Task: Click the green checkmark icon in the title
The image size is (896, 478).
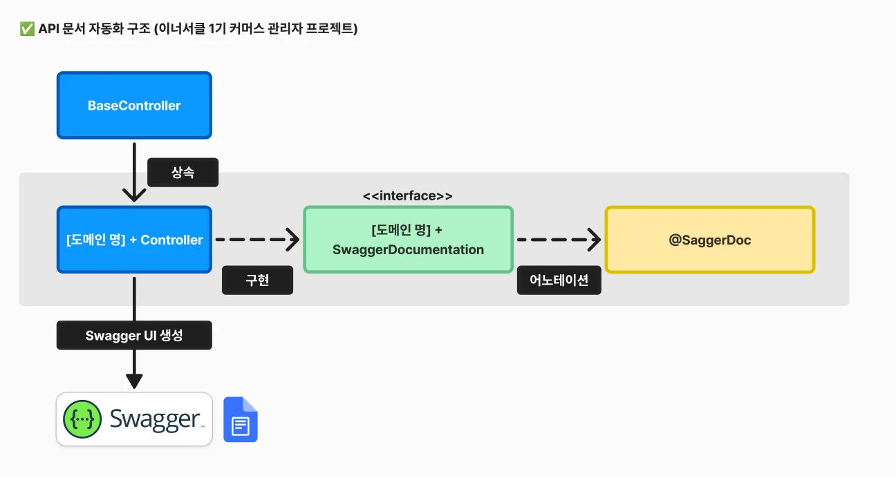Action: (27, 29)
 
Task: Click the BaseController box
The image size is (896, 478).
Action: (134, 106)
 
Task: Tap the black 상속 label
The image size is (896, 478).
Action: (183, 172)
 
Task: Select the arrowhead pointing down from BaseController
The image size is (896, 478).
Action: (134, 195)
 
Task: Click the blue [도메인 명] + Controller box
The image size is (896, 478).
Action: (134, 240)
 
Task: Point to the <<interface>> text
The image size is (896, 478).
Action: (408, 196)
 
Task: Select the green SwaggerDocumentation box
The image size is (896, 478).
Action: (408, 240)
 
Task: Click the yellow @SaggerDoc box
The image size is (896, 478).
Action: (710, 240)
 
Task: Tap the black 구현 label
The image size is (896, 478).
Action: (257, 280)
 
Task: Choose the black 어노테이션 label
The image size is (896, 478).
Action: (559, 280)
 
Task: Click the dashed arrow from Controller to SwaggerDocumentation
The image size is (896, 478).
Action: (257, 240)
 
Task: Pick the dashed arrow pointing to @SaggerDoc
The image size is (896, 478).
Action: (559, 240)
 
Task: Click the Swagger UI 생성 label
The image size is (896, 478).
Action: (134, 335)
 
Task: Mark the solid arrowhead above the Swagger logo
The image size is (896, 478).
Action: (134, 381)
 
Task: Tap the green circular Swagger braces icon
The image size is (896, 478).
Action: (82, 419)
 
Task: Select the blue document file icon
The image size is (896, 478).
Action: (241, 420)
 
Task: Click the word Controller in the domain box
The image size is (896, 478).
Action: (171, 240)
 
